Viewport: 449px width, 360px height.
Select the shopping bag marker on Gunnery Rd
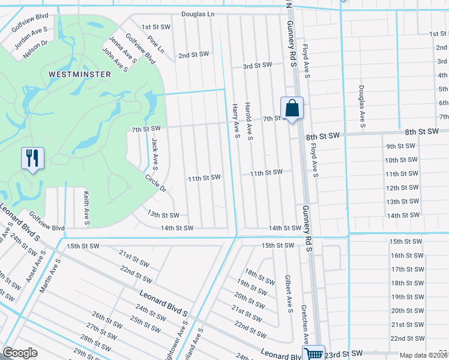(x=292, y=109)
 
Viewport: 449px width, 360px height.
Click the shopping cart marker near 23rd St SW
(x=313, y=354)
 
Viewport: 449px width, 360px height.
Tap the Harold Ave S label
(x=249, y=122)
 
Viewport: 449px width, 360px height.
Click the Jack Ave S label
(x=155, y=153)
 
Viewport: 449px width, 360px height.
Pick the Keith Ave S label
(x=86, y=208)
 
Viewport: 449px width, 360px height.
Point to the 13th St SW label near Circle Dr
(x=163, y=215)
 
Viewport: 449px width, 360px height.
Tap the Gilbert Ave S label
(x=288, y=294)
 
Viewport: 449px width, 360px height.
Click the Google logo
(x=20, y=353)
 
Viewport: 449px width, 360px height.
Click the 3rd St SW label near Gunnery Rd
(x=257, y=65)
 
